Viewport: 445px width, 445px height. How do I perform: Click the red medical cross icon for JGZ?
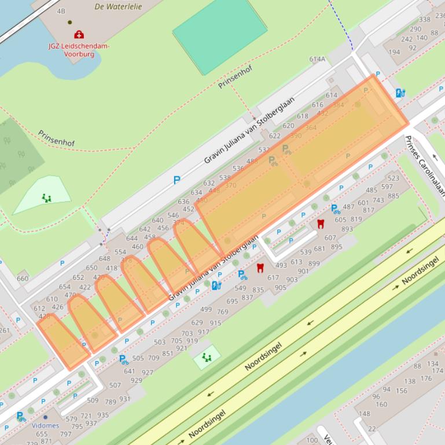pyautogui.click(x=79, y=35)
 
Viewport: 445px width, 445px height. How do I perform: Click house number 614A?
pyautogui.click(x=317, y=59)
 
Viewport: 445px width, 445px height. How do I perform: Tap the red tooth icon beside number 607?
pyautogui.click(x=321, y=224)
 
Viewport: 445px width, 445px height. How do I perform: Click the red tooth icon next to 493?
pyautogui.click(x=260, y=268)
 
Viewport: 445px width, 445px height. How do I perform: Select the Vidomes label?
pyautogui.click(x=45, y=425)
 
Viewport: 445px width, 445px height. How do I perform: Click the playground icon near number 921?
pyautogui.click(x=207, y=358)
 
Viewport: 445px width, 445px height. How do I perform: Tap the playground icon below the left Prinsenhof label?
pyautogui.click(x=46, y=198)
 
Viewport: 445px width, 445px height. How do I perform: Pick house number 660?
pyautogui.click(x=23, y=279)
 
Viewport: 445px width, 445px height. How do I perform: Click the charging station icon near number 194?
pyautogui.click(x=400, y=92)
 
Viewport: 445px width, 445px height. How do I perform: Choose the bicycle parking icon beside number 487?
pyautogui.click(x=335, y=209)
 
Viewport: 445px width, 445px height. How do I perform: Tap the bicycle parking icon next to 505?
pyautogui.click(x=123, y=359)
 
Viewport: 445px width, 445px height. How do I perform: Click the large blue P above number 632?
pyautogui.click(x=177, y=180)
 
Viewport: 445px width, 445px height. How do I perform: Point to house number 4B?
pyautogui.click(x=61, y=11)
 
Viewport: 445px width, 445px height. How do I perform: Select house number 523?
pyautogui.click(x=393, y=179)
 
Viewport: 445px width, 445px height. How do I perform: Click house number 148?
pyautogui.click(x=364, y=414)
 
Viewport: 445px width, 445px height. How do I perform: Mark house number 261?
pyautogui.click(x=5, y=331)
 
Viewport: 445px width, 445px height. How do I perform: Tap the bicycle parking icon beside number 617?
pyautogui.click(x=243, y=275)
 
